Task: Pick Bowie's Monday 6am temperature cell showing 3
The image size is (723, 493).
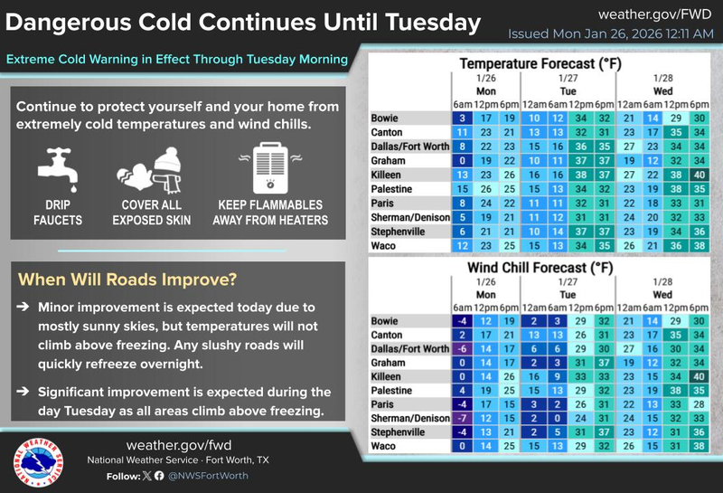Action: point(461,119)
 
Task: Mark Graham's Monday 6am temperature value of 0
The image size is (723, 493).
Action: point(461,159)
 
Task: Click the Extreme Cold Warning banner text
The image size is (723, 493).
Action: point(177,60)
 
